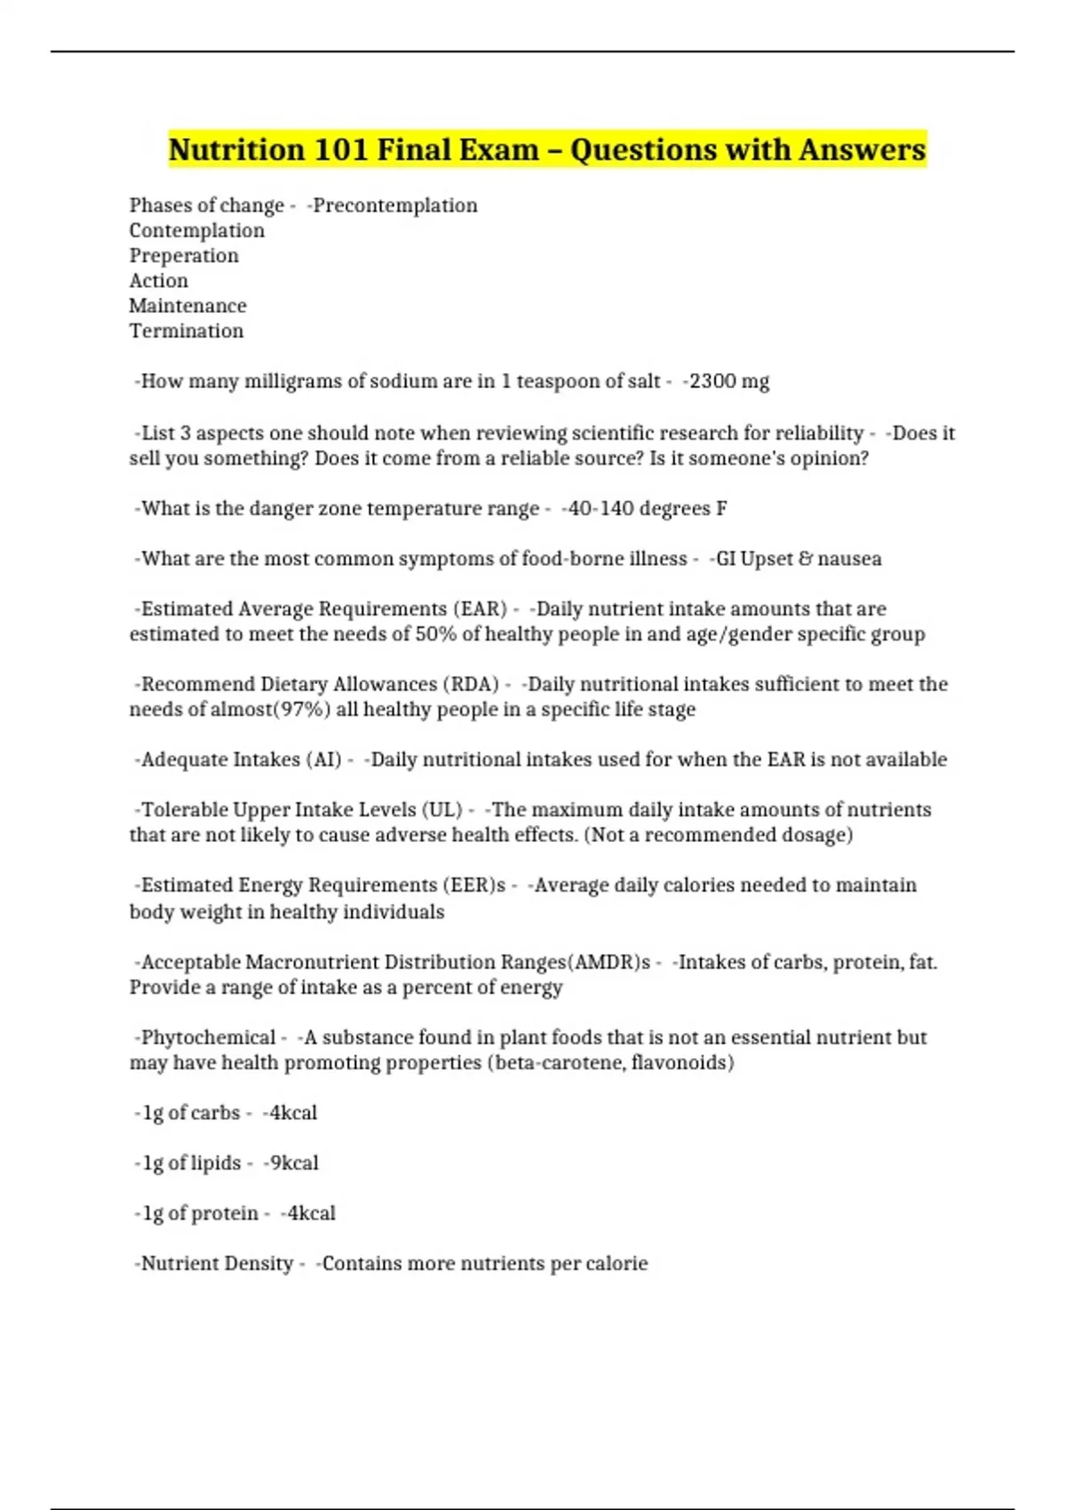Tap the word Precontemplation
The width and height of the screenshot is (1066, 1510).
point(395,205)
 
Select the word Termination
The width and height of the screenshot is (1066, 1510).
point(187,330)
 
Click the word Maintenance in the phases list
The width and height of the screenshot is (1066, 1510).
point(187,306)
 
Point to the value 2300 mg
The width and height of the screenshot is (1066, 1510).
point(729,381)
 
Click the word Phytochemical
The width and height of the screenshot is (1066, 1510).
point(209,1037)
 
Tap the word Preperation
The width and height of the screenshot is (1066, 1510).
point(184,256)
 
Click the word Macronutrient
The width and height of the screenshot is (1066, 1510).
point(314,962)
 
